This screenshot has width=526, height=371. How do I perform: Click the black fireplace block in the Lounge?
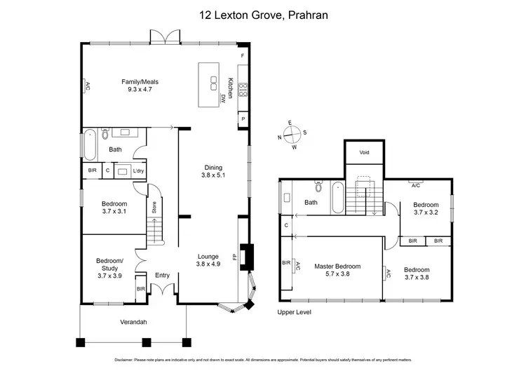245,256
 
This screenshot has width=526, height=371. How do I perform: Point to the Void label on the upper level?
364,152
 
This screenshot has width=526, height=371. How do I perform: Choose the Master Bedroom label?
337,267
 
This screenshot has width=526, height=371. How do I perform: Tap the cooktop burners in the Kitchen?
243,90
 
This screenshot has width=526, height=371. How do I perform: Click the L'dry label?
138,170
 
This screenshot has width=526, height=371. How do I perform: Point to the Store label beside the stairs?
154,208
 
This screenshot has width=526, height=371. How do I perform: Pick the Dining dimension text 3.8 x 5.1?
213,176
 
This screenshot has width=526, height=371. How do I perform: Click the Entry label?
162,275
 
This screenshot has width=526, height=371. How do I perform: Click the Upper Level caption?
294,312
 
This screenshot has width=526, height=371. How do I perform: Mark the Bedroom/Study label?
109,264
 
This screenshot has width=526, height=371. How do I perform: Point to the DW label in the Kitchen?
222,98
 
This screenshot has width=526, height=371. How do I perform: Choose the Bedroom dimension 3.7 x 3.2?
426,213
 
